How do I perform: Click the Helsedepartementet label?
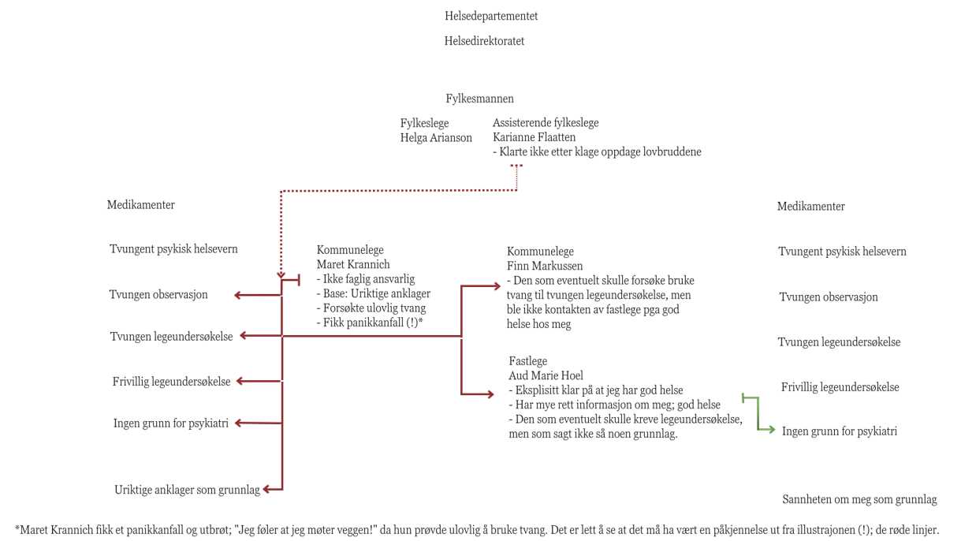pyautogui.click(x=491, y=17)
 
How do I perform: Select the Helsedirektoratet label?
pyautogui.click(x=484, y=41)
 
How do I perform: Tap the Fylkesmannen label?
pyautogui.click(x=479, y=99)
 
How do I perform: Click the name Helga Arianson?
pyautogui.click(x=436, y=138)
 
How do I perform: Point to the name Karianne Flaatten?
pyautogui.click(x=534, y=137)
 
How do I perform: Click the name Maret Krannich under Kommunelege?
pyautogui.click(x=353, y=264)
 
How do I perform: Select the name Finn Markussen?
pyautogui.click(x=545, y=266)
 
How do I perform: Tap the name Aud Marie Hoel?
pyautogui.click(x=546, y=376)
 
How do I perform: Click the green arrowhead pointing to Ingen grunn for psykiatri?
pyautogui.click(x=770, y=429)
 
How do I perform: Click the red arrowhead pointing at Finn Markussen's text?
pyautogui.click(x=497, y=285)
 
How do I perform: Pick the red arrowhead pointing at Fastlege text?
pyautogui.click(x=490, y=394)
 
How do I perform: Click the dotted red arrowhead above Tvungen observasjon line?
pyautogui.click(x=281, y=274)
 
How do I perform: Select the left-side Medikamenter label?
pyautogui.click(x=140, y=205)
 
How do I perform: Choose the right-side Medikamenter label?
pyautogui.click(x=811, y=207)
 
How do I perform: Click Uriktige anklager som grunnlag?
pyautogui.click(x=187, y=490)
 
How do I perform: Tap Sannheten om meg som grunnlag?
pyautogui.click(x=859, y=499)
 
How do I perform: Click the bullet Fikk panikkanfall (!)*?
pyautogui.click(x=370, y=323)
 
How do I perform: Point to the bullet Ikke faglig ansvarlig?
pyautogui.click(x=366, y=279)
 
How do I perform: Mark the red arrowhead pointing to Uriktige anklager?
pyautogui.click(x=267, y=489)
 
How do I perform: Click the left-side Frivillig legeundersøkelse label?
pyautogui.click(x=171, y=382)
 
